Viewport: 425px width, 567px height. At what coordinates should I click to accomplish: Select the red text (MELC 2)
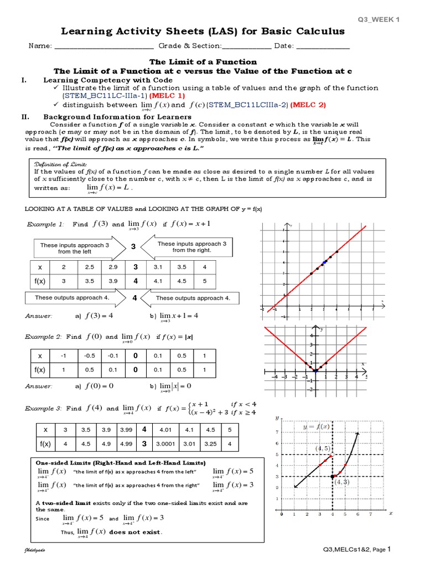click(309, 105)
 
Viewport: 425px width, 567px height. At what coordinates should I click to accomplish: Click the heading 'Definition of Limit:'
click(53, 164)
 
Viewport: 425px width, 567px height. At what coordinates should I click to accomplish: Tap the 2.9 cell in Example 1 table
click(113, 267)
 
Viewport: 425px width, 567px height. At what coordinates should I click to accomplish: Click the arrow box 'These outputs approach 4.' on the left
click(72, 298)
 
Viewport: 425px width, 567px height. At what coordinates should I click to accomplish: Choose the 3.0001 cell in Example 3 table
click(167, 444)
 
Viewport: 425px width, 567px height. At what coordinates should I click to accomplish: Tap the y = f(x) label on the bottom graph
click(315, 427)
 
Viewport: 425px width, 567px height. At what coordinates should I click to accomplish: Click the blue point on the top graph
click(324, 262)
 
